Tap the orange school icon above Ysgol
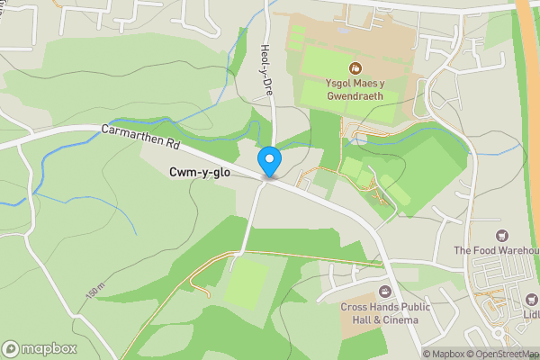pos(355,67)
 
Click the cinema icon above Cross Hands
pos(385,291)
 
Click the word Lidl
pos(531,313)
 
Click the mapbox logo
pos(40,348)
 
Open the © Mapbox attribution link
pos(444,354)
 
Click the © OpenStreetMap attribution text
pos(504,354)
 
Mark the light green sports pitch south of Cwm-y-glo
pos(247,283)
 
